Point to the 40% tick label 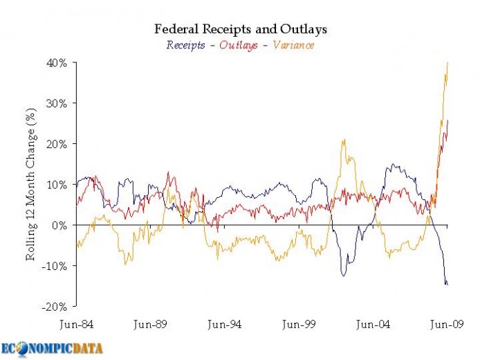(57, 63)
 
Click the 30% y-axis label (57, 104)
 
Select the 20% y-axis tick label (57, 144)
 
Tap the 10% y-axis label (57, 185)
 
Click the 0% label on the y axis (59, 226)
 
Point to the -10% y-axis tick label (55, 266)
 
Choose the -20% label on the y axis (55, 307)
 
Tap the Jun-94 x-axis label (224, 323)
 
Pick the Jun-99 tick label (298, 323)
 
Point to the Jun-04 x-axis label (373, 323)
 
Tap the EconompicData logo (52, 348)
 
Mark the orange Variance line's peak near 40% (447, 63)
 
